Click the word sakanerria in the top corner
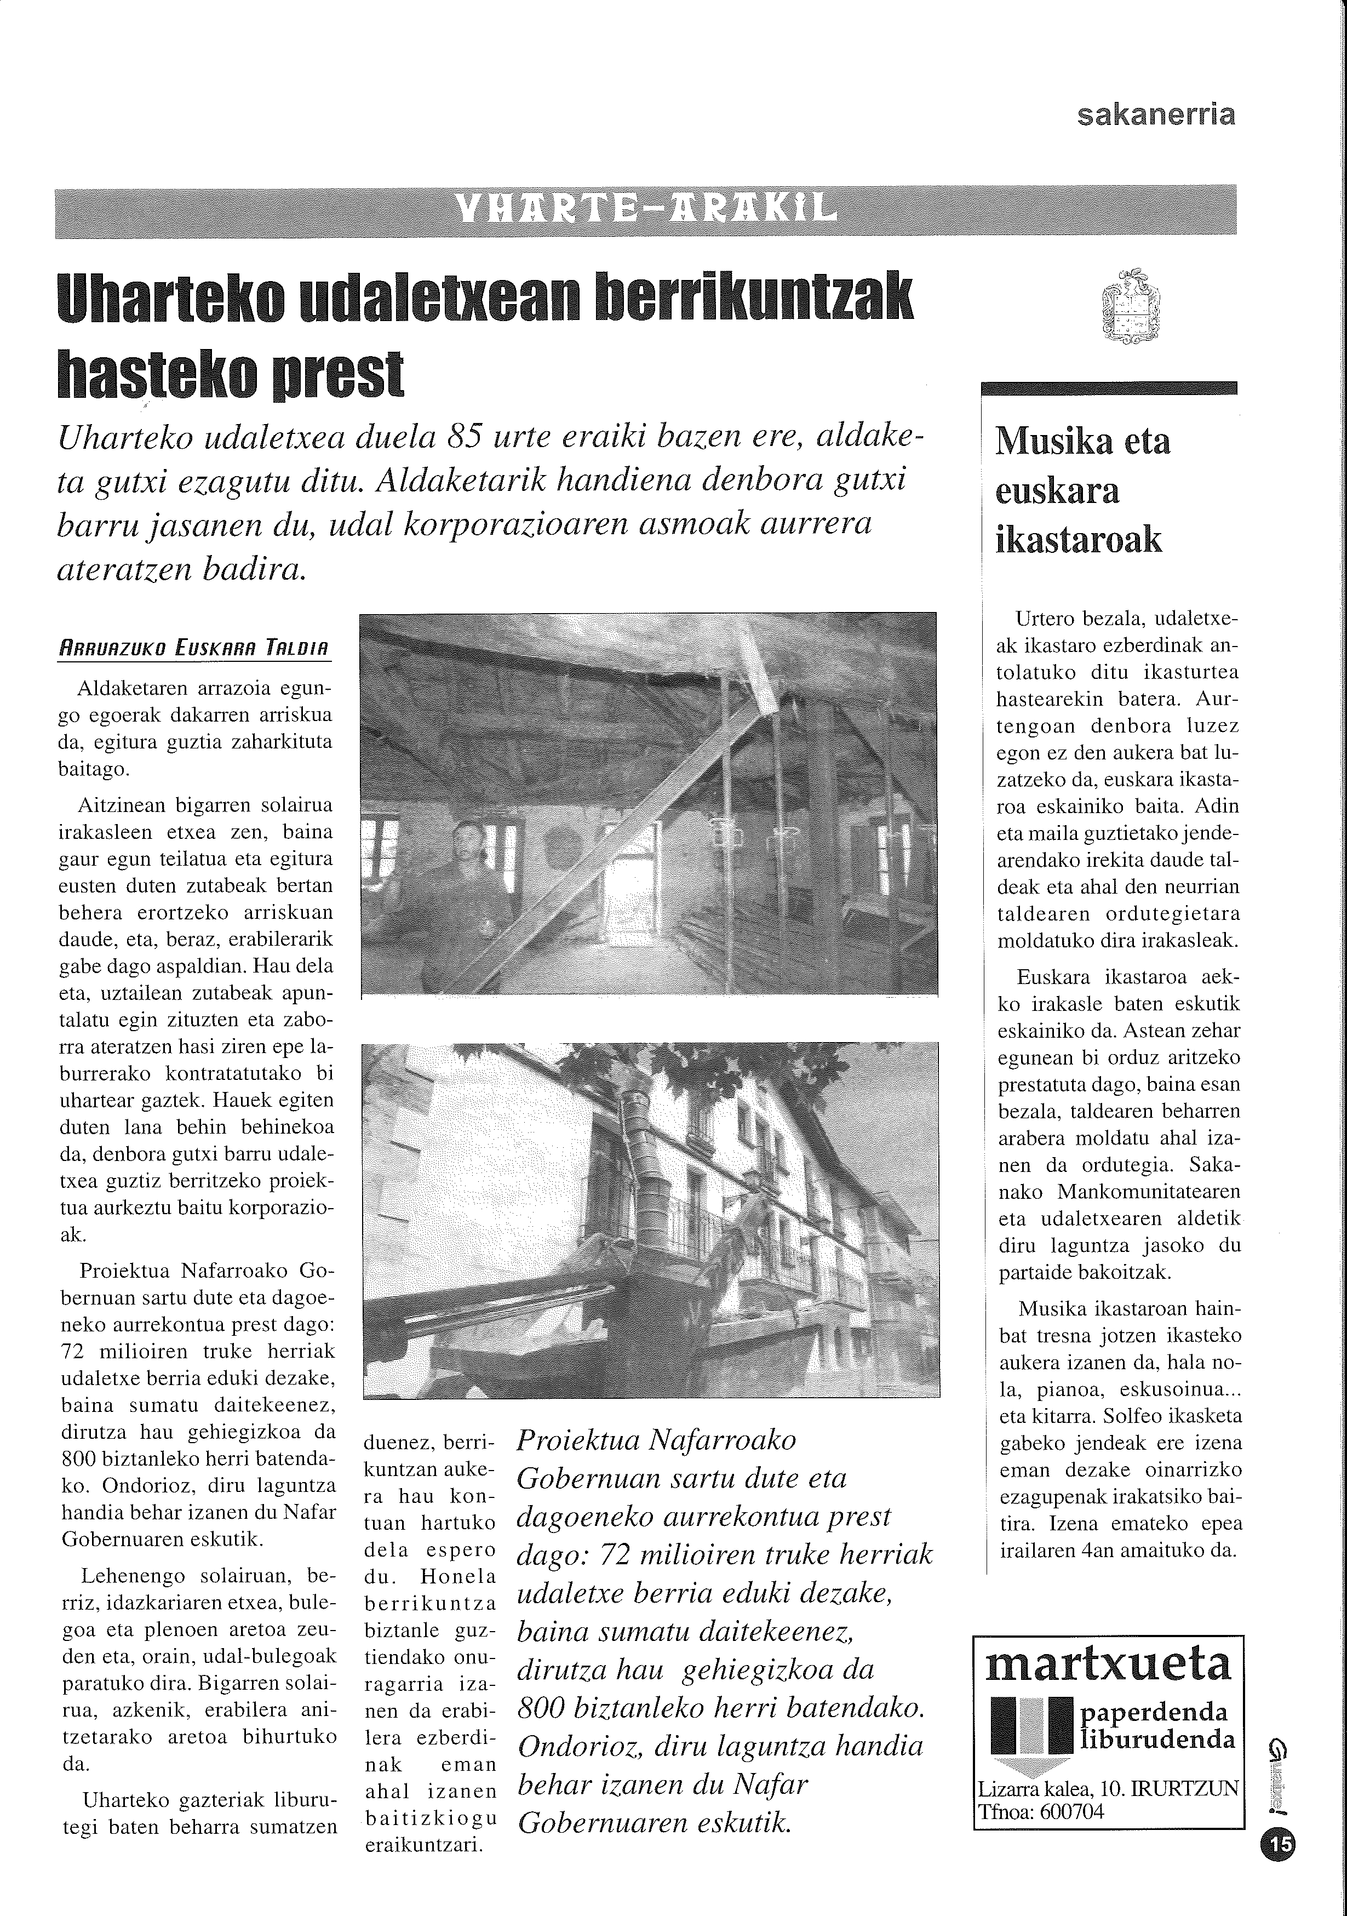1156,115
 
